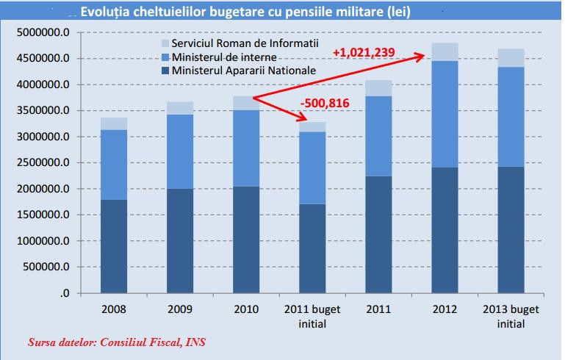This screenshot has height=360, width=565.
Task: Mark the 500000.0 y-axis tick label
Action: (x=46, y=267)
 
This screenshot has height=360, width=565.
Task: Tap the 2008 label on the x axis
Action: (x=113, y=308)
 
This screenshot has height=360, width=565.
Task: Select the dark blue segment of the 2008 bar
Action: (x=113, y=246)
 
